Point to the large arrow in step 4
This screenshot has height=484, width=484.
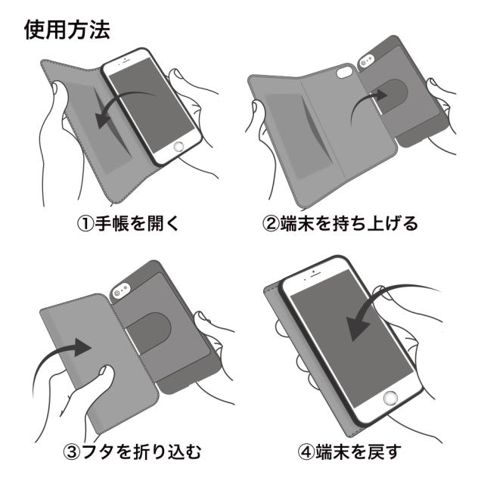(x=378, y=310)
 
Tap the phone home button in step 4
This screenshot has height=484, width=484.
(x=391, y=399)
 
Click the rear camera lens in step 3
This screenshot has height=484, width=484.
(x=119, y=290)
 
